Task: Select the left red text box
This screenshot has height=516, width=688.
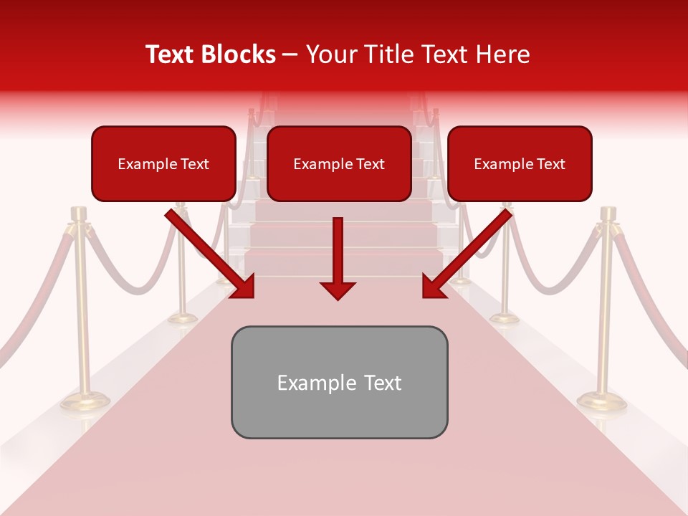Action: (163, 163)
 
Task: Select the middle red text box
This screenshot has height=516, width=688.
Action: (339, 163)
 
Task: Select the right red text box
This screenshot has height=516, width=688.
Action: (520, 163)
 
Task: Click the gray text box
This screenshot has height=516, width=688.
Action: (339, 382)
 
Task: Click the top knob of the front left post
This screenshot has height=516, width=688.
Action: (78, 213)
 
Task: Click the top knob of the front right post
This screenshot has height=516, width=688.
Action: (608, 213)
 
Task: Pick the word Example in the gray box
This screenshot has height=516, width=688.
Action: (307, 383)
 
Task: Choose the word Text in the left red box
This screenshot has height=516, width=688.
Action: (195, 164)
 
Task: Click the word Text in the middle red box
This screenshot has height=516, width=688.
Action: (371, 164)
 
